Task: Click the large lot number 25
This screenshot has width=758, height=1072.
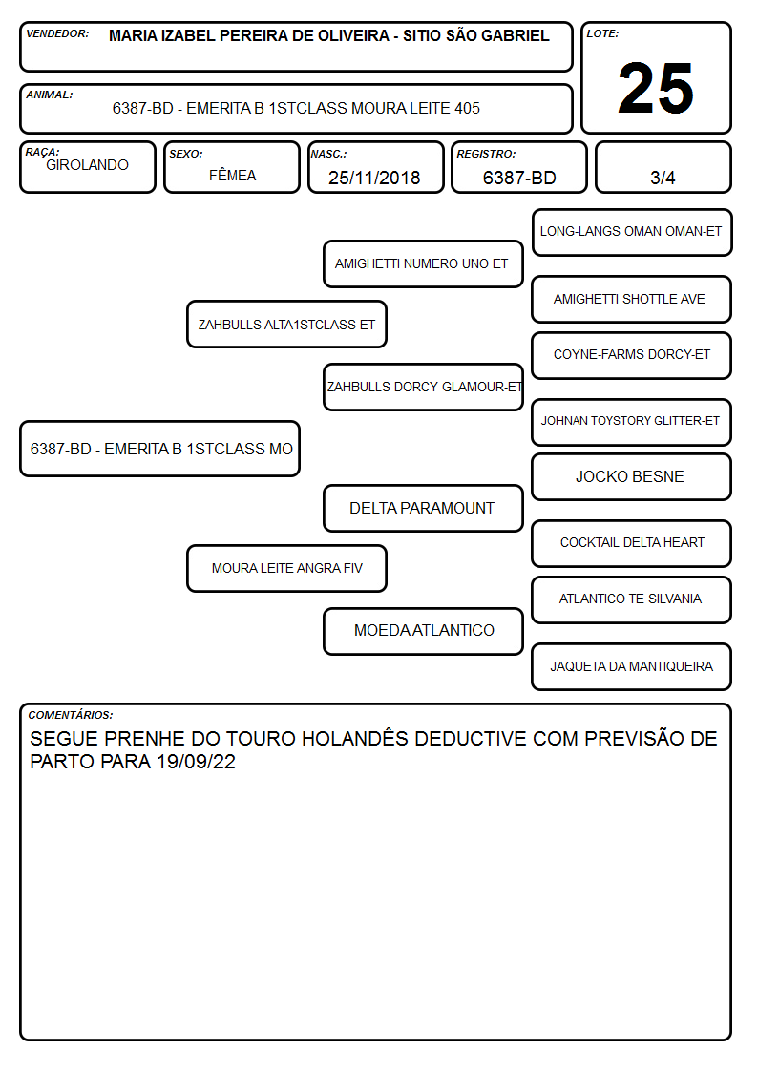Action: [656, 88]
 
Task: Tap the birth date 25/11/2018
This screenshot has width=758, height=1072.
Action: [374, 178]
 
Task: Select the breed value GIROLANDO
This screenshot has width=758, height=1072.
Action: [87, 165]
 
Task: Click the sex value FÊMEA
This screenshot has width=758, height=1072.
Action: [232, 175]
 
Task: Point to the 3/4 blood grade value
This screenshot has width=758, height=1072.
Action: [663, 178]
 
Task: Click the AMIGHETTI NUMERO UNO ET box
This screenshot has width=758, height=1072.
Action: [423, 263]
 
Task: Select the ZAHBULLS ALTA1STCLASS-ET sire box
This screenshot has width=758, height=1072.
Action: [286, 325]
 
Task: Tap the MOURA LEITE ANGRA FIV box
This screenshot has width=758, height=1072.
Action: [286, 568]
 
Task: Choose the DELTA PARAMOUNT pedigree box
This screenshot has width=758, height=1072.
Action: [423, 509]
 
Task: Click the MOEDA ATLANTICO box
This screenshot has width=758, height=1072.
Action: [423, 631]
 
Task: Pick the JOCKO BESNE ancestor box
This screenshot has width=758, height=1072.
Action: [631, 477]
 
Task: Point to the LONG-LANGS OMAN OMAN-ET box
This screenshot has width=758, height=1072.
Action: [632, 233]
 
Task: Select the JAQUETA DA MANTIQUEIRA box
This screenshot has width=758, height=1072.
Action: [631, 666]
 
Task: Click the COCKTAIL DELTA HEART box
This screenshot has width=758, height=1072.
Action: [631, 543]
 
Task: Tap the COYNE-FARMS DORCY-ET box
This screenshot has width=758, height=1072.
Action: [631, 355]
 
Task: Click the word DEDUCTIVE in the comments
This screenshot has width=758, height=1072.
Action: [471, 739]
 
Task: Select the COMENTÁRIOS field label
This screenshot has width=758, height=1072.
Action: [71, 715]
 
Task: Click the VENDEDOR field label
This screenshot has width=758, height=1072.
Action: [57, 33]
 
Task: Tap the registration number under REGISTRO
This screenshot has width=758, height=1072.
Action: [519, 178]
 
